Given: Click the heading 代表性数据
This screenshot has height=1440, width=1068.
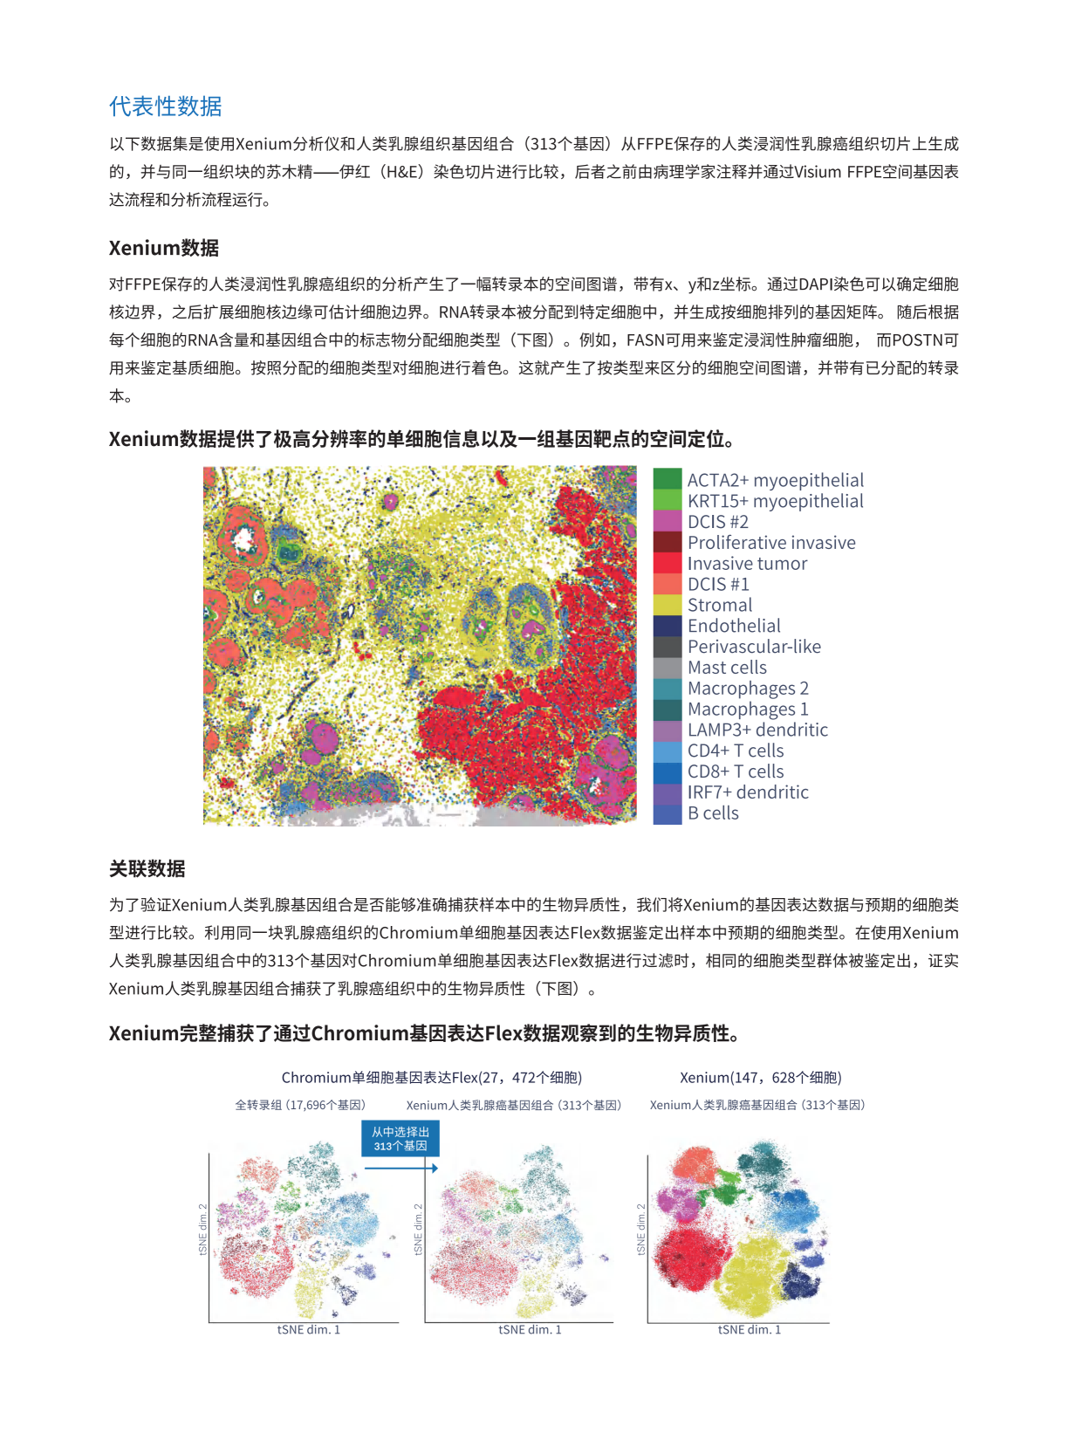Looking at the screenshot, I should (165, 106).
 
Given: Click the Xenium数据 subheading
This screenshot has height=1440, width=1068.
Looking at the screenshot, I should (163, 248).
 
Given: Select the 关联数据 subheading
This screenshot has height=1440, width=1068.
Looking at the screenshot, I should (147, 868).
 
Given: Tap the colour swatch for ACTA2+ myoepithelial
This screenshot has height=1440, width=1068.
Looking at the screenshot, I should (667, 479).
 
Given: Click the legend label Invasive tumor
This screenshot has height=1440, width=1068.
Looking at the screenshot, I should (747, 563).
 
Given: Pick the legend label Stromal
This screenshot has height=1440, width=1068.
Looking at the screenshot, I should (719, 605).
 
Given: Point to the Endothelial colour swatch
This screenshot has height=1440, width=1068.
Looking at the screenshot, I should (667, 626).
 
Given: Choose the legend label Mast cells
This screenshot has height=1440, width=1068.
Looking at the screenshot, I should (727, 668).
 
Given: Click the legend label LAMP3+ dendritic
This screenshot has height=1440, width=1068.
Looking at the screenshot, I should (757, 730).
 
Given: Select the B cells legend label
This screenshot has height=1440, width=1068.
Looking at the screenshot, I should (713, 813).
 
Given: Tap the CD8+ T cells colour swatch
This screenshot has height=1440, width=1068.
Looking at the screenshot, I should (667, 771).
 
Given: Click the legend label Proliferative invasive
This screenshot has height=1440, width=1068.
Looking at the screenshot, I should (771, 542).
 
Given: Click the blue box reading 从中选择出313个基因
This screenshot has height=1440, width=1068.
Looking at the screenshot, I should (400, 1138).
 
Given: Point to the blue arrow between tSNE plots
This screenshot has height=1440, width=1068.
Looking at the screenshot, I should (401, 1168).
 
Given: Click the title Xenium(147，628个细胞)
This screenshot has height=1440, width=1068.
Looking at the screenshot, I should (760, 1077).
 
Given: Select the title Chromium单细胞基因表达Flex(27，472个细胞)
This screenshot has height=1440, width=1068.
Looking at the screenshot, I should (431, 1077).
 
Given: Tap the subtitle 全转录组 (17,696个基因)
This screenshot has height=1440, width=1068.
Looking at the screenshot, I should (300, 1105).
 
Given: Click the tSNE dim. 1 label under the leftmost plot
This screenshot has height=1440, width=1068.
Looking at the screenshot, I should (308, 1329).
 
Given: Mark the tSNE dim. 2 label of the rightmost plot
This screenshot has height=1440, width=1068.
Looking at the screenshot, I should (641, 1230).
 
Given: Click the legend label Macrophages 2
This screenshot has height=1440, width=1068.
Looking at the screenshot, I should (748, 689).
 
